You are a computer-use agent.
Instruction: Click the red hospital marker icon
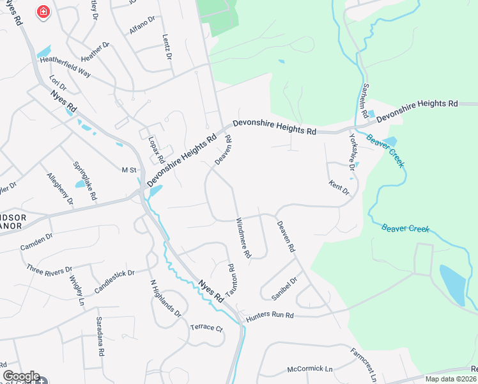click(43, 12)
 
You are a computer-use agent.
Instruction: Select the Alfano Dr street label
click(142, 24)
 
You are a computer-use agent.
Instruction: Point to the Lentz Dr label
click(167, 47)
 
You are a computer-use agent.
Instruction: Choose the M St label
click(130, 170)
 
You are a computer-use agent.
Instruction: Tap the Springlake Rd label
click(84, 179)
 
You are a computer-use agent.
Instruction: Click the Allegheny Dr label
click(60, 189)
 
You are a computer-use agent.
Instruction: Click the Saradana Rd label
click(100, 336)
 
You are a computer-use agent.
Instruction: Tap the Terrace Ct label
click(206, 328)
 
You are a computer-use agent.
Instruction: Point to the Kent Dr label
click(339, 190)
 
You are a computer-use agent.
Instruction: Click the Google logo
click(21, 376)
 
